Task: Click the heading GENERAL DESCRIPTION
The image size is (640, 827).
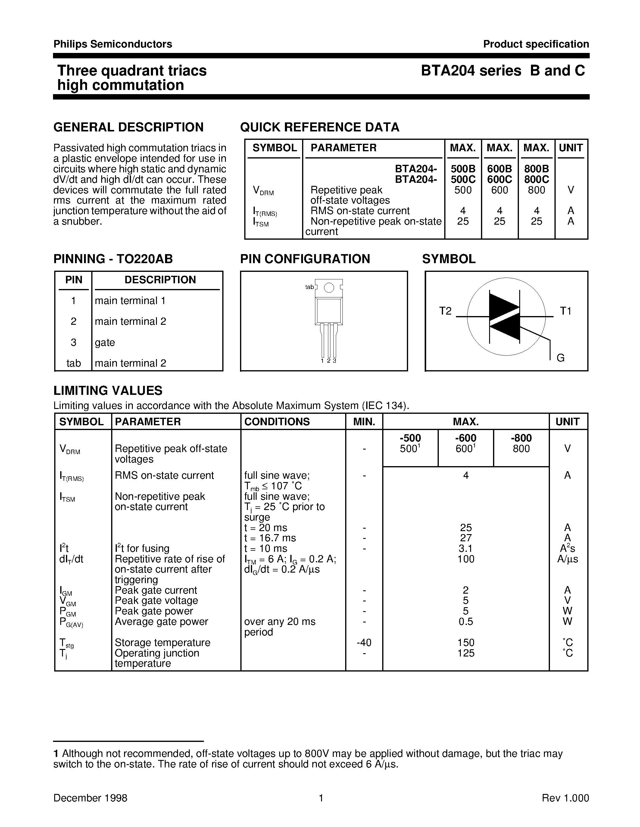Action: coord(128,127)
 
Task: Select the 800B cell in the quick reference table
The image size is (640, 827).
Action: coord(536,168)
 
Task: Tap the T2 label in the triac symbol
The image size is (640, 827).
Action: coord(445,311)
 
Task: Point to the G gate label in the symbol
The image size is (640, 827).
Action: coord(560,358)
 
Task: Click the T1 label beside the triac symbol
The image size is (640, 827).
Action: coord(565,311)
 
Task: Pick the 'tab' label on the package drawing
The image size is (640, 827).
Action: coord(309,287)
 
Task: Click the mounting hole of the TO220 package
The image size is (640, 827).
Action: coord(329,288)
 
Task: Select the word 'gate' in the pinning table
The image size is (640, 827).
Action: coord(105,342)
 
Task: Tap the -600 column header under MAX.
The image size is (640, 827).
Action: coord(466,438)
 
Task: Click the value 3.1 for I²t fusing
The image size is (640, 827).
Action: coord(466,548)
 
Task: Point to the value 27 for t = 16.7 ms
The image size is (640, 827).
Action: coord(466,538)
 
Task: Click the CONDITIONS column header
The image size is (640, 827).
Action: coord(277,422)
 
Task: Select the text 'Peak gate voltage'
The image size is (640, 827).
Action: coord(156,601)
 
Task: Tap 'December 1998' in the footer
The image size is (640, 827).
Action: coord(90,798)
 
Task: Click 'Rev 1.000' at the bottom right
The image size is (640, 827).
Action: coord(565,798)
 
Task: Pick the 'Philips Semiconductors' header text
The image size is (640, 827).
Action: coord(113,44)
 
